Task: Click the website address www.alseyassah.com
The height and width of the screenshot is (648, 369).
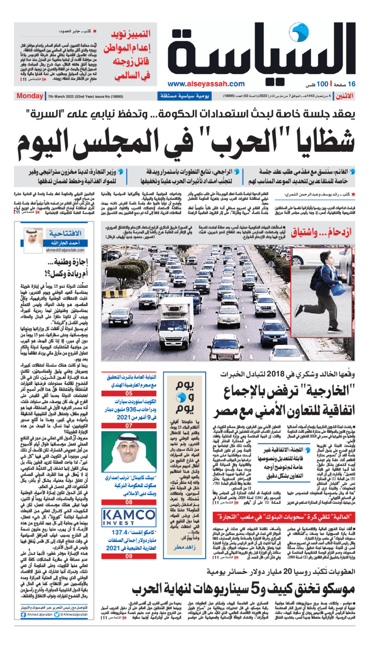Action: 206,84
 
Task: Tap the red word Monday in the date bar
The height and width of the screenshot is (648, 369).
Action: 30,96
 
